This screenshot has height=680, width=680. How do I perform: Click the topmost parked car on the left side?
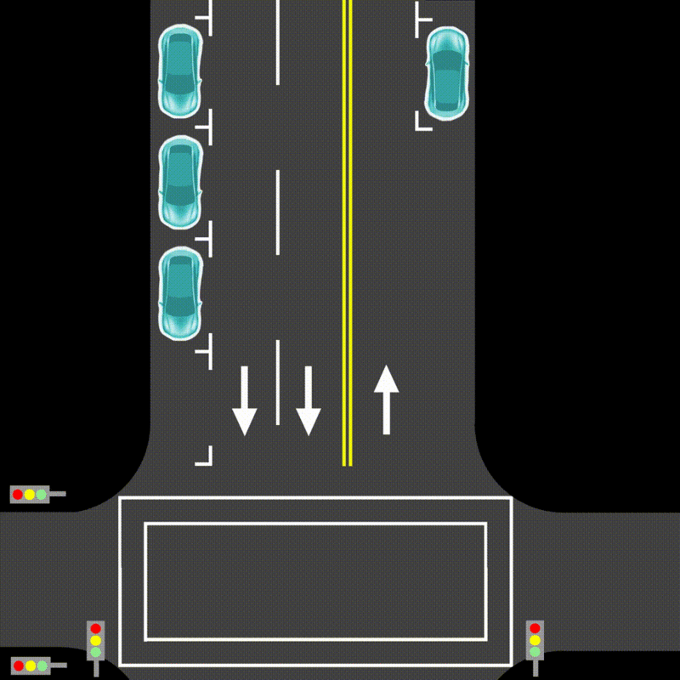(180, 72)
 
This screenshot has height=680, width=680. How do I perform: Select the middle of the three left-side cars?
(180, 183)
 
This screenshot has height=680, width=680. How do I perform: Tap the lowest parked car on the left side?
(180, 293)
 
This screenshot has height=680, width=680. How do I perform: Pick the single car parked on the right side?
(447, 72)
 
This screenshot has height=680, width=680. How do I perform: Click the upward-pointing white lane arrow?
(387, 399)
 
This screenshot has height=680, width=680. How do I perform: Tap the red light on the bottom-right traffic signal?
(535, 628)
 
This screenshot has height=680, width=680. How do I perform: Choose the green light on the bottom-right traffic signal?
(535, 652)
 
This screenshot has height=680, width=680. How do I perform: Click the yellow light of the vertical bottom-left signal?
(95, 640)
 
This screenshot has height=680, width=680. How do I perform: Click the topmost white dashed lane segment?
(278, 42)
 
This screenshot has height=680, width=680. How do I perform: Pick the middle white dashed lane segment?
(278, 212)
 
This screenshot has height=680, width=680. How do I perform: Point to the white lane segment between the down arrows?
(278, 382)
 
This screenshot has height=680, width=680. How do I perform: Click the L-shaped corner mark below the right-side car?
(422, 123)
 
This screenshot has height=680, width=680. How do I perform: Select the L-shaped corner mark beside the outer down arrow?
(205, 458)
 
